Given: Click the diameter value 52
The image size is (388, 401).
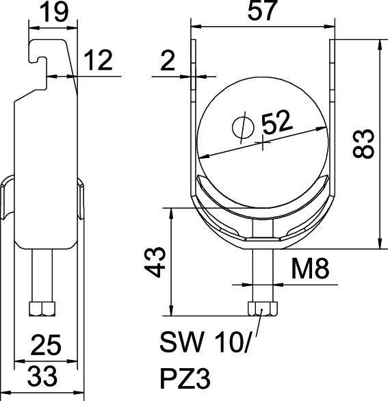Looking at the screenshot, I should pos(276,123).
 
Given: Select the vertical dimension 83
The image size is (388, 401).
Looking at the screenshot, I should pos(366,144).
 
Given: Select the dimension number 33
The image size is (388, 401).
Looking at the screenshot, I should pos(42,376).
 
